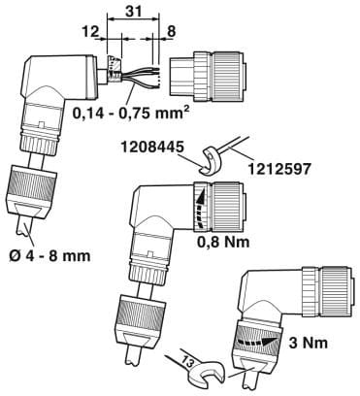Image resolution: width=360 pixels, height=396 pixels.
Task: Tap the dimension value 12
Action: coord(90,32)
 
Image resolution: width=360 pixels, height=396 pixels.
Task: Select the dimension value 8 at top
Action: coord(171,32)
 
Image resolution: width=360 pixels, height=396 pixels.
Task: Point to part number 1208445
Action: coord(152,148)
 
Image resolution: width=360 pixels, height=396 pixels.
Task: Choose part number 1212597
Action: coord(278,169)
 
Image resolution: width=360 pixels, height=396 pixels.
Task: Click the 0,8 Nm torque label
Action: coord(224,241)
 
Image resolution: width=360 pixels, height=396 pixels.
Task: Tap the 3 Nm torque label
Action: coord(308,343)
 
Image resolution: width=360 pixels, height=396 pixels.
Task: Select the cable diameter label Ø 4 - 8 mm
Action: coord(49,256)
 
